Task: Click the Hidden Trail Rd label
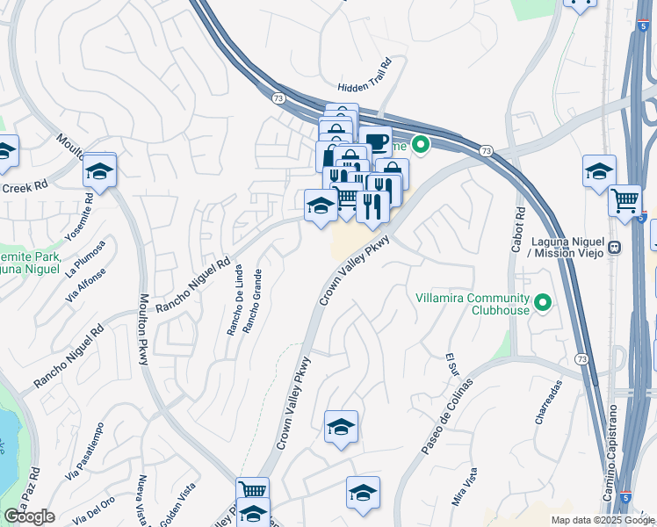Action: [x=365, y=87]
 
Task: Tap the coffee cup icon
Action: [x=376, y=141]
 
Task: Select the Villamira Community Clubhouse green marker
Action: [x=543, y=304]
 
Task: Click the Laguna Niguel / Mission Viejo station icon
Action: [x=615, y=248]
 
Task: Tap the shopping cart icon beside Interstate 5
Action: [x=625, y=200]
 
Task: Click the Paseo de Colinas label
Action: [x=446, y=417]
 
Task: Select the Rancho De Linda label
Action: [x=235, y=311]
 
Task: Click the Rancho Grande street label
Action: [x=251, y=300]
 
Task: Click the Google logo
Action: [x=29, y=516]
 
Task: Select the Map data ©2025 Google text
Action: [x=602, y=520]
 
